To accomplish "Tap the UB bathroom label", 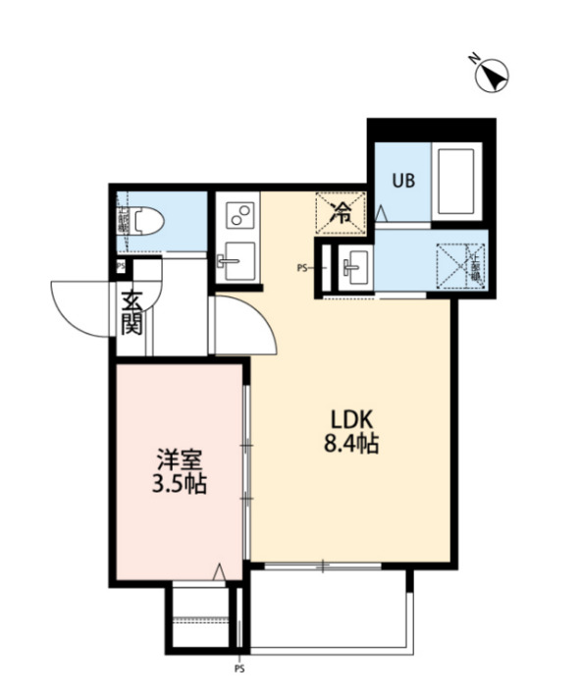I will click(402, 180).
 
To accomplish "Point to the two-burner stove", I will click(239, 214).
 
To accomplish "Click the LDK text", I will click(350, 417).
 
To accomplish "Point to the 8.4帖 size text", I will click(350, 443).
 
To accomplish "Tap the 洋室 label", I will click(181, 458).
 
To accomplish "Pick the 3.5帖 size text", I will click(181, 484).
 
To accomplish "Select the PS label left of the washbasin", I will click(303, 266).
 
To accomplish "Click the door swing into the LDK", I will click(244, 324).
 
